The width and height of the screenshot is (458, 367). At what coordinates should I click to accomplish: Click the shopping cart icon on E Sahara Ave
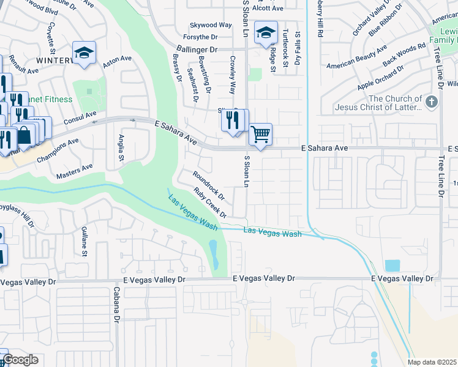[261, 134]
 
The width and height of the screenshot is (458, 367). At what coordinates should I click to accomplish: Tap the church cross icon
[432, 101]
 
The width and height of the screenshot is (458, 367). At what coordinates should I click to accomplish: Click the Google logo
[20, 360]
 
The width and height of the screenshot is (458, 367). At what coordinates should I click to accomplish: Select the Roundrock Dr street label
[209, 186]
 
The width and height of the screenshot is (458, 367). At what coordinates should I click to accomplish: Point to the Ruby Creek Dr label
[210, 202]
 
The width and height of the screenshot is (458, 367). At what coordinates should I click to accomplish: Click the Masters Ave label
[74, 171]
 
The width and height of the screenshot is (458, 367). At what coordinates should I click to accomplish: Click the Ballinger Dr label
[197, 48]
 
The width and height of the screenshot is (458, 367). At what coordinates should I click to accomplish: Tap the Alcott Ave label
[268, 8]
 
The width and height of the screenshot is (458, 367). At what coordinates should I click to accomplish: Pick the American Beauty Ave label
[357, 57]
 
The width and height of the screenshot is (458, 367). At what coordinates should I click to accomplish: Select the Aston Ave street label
[118, 62]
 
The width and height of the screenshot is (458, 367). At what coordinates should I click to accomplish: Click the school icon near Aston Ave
[84, 51]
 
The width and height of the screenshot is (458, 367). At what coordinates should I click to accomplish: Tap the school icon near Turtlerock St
[266, 32]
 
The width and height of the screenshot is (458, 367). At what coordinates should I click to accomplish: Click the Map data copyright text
[432, 362]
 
